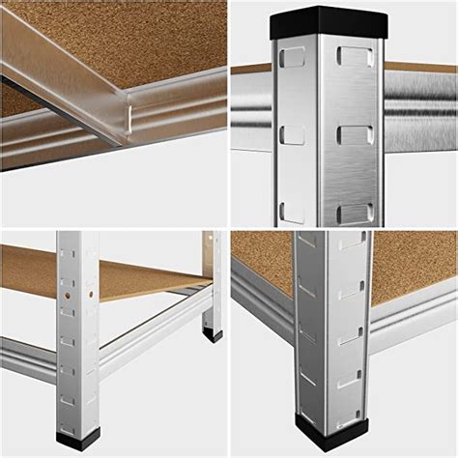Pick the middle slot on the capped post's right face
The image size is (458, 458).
356,131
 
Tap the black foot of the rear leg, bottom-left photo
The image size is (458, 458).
212,336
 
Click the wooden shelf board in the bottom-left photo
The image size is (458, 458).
106,275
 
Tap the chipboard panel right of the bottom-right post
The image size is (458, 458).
411,266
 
